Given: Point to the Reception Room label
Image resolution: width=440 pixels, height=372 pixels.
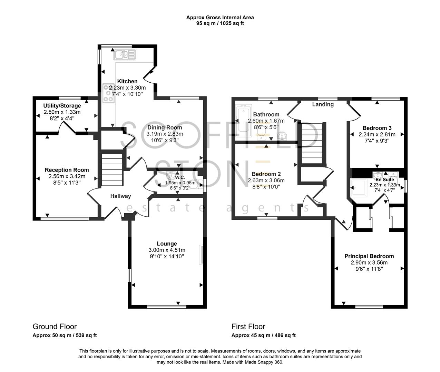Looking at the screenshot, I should (x=67, y=170).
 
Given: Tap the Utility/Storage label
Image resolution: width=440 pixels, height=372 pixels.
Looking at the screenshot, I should (x=62, y=106).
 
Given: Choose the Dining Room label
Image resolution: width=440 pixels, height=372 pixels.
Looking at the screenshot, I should (x=165, y=127).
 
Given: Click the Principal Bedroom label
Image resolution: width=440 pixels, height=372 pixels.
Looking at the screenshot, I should (x=369, y=256).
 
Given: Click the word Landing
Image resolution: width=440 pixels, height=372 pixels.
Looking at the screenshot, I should (x=323, y=104).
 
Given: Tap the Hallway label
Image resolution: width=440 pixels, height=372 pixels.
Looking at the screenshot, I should (x=120, y=196).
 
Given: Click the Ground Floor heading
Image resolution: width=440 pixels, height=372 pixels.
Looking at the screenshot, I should (x=55, y=327).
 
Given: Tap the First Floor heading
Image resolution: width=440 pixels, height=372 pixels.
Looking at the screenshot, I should (x=248, y=327).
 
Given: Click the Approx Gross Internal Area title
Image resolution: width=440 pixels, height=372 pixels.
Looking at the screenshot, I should (x=220, y=17).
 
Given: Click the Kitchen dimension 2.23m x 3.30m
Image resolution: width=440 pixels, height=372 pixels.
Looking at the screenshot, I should (x=127, y=88).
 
